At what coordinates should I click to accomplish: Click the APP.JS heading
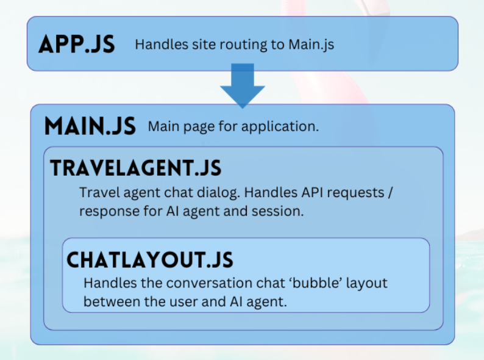click(77, 45)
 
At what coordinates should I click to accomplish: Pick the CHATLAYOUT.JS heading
click(149, 260)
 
